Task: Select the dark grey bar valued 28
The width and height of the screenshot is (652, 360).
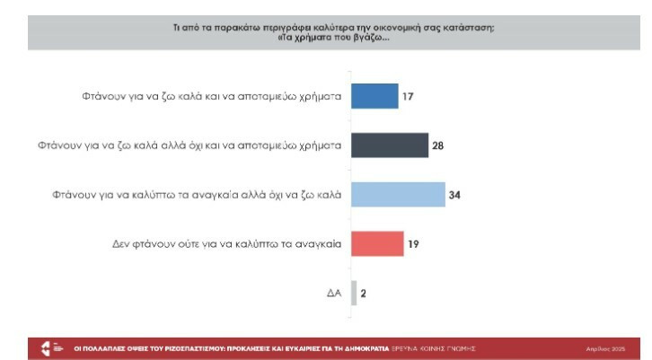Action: tap(389, 145)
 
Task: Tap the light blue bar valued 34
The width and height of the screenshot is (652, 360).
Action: tap(397, 194)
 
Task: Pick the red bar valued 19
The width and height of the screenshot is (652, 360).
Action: tap(376, 243)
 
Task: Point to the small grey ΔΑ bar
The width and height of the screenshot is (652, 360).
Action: tap(354, 293)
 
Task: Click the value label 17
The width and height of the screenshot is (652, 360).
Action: tap(408, 96)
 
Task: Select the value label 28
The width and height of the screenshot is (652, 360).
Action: tap(438, 145)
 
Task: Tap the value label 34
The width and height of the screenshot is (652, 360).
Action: tap(454, 194)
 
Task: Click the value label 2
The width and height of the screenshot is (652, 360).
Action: tap(364, 293)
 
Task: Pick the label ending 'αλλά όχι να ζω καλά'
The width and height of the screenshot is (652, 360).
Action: tap(196, 194)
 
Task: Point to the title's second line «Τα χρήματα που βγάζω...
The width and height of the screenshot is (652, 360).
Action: tap(325, 39)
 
